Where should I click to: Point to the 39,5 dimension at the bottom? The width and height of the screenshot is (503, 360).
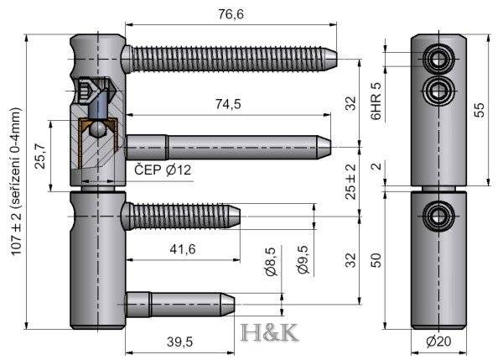tap(178, 342)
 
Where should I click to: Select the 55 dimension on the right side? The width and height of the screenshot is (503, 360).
tap(480, 109)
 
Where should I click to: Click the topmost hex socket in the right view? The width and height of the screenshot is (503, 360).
tap(438, 58)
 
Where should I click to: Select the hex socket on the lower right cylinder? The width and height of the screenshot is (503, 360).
tap(438, 216)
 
